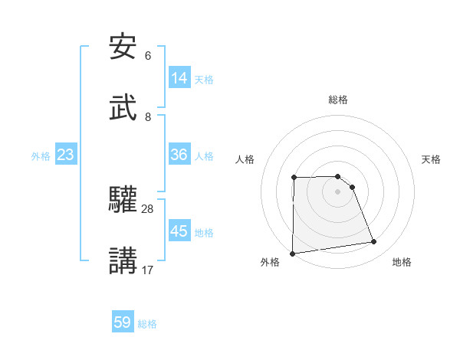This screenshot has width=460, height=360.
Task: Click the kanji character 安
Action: (123, 47)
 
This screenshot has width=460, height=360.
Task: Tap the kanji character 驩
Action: (123, 200)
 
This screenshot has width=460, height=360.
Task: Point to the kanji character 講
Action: (123, 261)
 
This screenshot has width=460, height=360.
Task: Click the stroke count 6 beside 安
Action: (148, 56)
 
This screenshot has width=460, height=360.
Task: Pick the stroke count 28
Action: (148, 208)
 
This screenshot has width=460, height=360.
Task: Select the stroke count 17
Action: (148, 270)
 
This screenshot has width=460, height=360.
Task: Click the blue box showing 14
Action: (179, 78)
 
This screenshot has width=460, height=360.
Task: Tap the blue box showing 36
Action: (179, 155)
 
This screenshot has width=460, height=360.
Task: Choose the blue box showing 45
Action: (179, 231)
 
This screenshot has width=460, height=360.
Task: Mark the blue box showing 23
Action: (66, 155)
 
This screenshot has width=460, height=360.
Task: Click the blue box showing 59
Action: (123, 322)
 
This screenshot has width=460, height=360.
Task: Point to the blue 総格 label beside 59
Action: (147, 324)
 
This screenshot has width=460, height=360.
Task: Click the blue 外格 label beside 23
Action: (41, 156)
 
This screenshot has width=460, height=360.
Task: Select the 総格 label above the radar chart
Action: (338, 100)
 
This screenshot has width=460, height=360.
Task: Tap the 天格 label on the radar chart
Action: (432, 159)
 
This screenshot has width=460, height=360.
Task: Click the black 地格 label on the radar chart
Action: (402, 263)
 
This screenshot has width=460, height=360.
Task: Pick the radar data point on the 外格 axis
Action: (292, 254)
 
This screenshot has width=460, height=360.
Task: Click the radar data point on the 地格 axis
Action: (374, 242)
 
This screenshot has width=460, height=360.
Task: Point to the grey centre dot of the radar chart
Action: (337, 191)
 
